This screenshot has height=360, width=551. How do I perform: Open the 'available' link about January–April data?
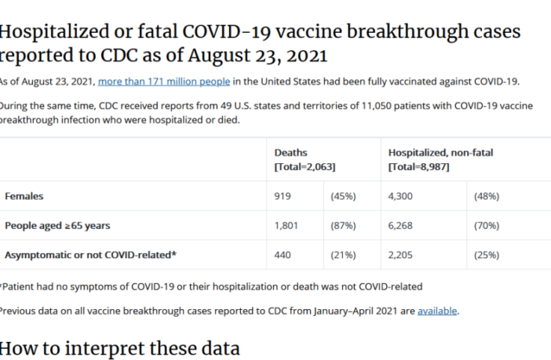437,311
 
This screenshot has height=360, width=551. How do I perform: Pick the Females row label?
24,196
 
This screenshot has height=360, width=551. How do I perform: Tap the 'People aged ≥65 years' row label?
57,226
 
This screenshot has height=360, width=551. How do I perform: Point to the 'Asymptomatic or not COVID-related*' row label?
90,255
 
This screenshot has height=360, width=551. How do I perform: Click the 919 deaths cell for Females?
283,196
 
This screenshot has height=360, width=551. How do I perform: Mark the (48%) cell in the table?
487,196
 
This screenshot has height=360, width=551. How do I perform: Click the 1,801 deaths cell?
286,226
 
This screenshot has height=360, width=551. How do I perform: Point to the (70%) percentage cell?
487,226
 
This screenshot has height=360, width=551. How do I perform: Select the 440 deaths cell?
283,255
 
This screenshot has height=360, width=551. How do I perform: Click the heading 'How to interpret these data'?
119,347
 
